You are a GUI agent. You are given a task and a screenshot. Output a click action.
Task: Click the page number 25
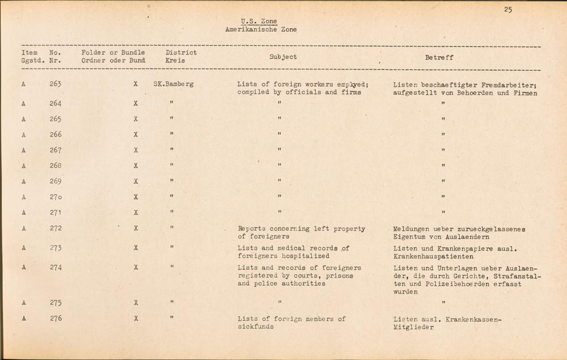(x=507, y=9)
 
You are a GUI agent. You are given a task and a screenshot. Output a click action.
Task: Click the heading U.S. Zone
(x=259, y=22)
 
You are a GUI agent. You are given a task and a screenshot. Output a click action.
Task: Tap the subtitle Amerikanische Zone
(x=260, y=29)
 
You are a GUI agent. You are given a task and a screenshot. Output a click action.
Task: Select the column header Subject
(x=283, y=57)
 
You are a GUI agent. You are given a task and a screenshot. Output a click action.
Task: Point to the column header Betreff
(x=439, y=57)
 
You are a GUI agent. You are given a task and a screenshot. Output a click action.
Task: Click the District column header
(x=181, y=53)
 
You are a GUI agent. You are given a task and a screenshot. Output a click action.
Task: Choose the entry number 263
(x=55, y=84)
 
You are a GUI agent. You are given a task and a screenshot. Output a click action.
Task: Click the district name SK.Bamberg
(x=174, y=84)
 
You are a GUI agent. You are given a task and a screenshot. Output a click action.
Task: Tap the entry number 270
(x=55, y=197)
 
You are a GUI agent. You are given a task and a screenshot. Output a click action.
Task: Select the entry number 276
(x=55, y=319)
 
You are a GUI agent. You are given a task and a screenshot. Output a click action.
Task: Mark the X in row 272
(x=136, y=228)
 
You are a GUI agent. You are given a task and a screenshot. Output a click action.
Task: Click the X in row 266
(x=136, y=135)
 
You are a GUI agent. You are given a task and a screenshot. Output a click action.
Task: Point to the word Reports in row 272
(x=253, y=228)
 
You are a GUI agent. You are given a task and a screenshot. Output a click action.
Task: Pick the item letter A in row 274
(x=24, y=267)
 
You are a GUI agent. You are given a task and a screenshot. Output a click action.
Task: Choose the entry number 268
(x=55, y=166)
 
